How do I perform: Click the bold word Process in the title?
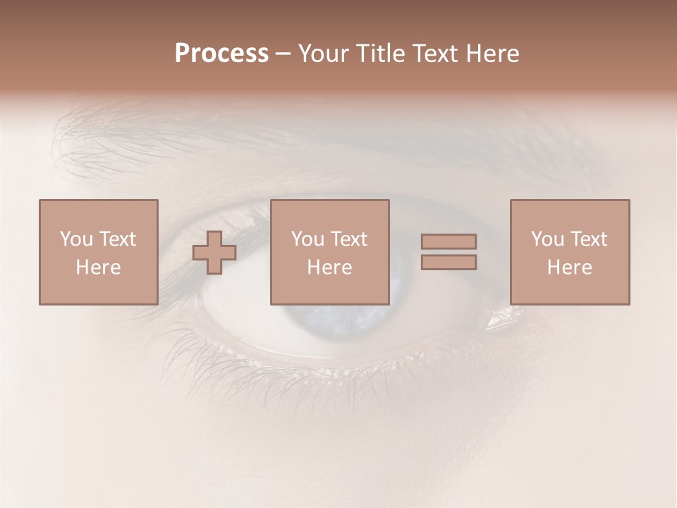pyautogui.click(x=221, y=54)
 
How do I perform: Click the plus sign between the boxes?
pyautogui.click(x=214, y=252)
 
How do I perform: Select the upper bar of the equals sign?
pyautogui.click(x=449, y=241)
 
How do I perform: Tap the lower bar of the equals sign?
pyautogui.click(x=449, y=262)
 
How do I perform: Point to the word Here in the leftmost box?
pyautogui.click(x=98, y=267)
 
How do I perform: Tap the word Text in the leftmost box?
pyautogui.click(x=117, y=239)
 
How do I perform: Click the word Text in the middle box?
pyautogui.click(x=348, y=239)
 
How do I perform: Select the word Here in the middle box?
pyautogui.click(x=329, y=267)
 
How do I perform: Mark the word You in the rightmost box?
pyautogui.click(x=548, y=239)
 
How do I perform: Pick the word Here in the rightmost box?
pyautogui.click(x=570, y=267)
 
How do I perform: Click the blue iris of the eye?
pyautogui.click(x=331, y=317)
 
